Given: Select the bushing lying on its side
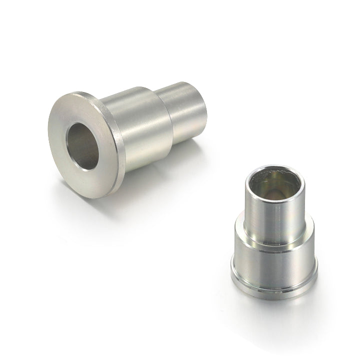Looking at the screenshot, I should coord(130,135).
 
